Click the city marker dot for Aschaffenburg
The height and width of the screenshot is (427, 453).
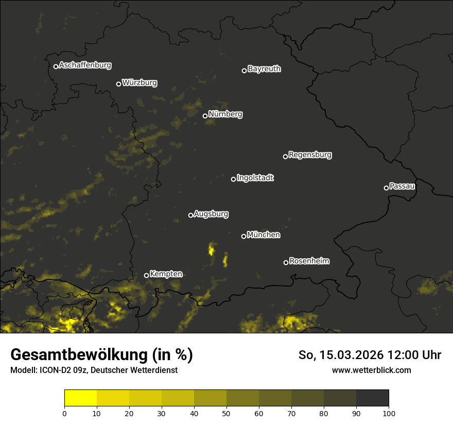pyautogui.click(x=56, y=66)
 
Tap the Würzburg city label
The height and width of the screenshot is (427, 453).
pyautogui.click(x=140, y=83)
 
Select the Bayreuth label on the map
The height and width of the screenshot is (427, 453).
pyautogui.click(x=264, y=69)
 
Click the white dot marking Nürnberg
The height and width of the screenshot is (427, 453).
pyautogui.click(x=205, y=116)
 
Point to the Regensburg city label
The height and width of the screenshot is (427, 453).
pyautogui.click(x=310, y=155)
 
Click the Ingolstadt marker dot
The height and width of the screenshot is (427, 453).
pyautogui.click(x=233, y=179)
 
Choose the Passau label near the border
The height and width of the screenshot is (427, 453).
pyautogui.click(x=402, y=186)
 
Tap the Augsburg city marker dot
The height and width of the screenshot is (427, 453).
pyautogui.click(x=190, y=215)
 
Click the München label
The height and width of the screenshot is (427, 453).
pyautogui.click(x=264, y=235)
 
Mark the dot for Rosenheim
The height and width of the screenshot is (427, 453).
pyautogui.click(x=286, y=263)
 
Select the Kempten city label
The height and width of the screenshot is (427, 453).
pyautogui.click(x=166, y=274)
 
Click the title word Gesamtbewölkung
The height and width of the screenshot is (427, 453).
pyautogui.click(x=78, y=355)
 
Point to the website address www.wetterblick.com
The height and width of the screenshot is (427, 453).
pyautogui.click(x=371, y=370)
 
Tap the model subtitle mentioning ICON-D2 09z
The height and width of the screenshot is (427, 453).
pyautogui.click(x=94, y=370)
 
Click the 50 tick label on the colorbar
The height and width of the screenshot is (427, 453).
pyautogui.click(x=226, y=413)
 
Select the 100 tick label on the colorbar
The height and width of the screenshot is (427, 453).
pyautogui.click(x=389, y=413)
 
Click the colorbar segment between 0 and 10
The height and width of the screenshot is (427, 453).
pyautogui.click(x=81, y=398)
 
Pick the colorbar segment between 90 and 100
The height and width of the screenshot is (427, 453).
pyautogui.click(x=372, y=398)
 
